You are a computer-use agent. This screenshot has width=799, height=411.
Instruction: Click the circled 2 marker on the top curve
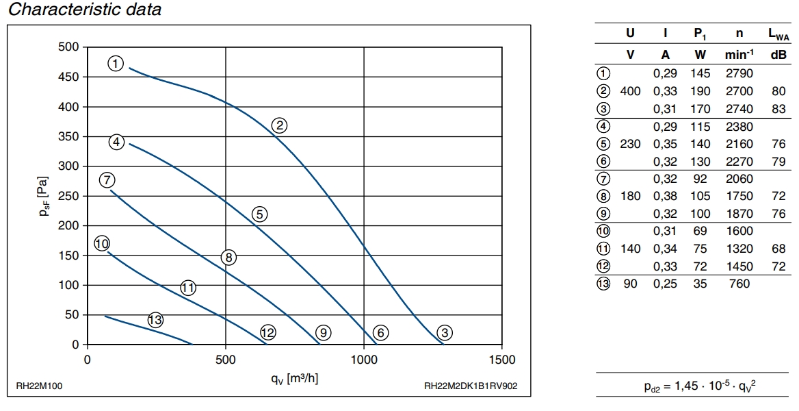coord(278,125)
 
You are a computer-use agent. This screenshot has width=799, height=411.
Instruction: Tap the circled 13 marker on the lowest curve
coord(155,320)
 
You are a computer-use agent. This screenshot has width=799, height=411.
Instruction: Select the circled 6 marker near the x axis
coord(381,333)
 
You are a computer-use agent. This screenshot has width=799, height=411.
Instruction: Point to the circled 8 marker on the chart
coord(228,258)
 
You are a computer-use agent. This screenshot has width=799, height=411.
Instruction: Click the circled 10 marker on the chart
coord(102,244)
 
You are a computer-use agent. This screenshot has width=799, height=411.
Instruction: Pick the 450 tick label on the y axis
coord(69,77)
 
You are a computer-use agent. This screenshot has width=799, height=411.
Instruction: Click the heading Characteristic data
coord(84,10)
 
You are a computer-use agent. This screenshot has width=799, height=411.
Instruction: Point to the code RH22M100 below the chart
coord(39,386)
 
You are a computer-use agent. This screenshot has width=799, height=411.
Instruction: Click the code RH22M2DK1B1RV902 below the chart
coord(471,386)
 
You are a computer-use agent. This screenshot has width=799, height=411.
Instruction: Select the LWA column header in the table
coord(778,34)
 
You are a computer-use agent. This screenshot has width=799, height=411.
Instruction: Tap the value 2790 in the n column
coord(738,73)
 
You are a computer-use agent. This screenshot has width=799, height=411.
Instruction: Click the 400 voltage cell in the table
coord(629,91)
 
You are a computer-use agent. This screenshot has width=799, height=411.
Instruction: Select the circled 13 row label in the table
coord(603,284)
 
